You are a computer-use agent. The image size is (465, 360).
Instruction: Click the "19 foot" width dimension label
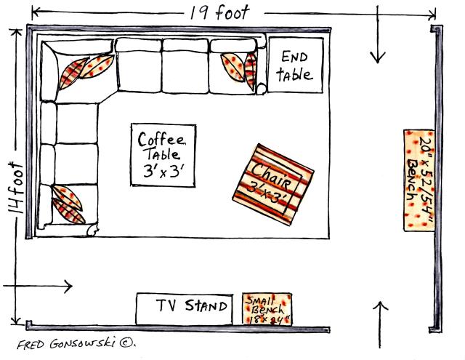[219, 12]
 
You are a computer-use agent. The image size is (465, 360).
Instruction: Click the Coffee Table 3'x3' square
[163, 156]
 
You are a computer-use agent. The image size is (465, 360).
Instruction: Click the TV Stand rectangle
[184, 308]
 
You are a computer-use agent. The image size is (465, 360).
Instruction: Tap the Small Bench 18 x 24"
[267, 309]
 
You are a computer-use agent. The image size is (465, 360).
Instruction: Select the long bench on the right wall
[419, 180]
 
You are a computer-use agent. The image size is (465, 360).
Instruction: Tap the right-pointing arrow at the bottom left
[44, 286]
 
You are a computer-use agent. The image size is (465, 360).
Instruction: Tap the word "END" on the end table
[294, 57]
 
